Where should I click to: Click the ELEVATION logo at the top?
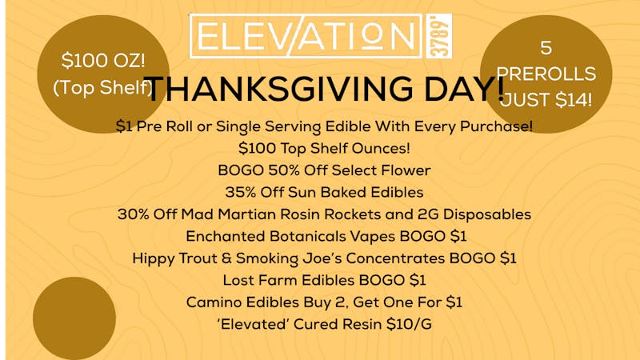[x=302, y=36]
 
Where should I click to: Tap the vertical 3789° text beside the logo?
[x=444, y=35]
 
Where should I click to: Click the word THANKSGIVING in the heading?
[x=258, y=89]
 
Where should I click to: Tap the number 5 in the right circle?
[x=546, y=47]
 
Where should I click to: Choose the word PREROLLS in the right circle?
[x=546, y=74]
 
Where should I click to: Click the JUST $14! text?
[x=546, y=101]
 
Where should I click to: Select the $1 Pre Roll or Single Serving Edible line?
[x=324, y=126]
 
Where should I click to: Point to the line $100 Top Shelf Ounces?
[x=324, y=148]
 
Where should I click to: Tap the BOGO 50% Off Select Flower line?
[x=324, y=170]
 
